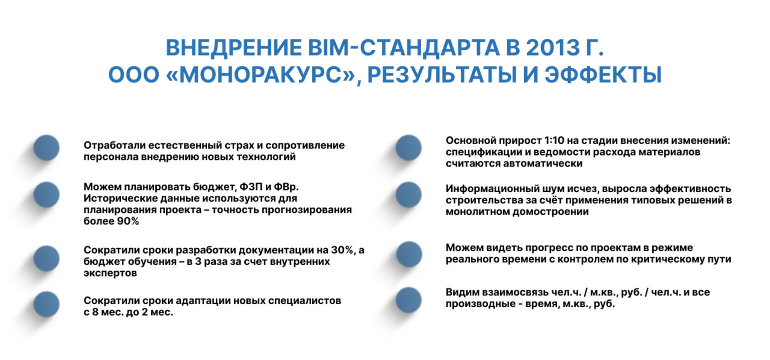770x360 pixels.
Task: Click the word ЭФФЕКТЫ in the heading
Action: tap(603, 74)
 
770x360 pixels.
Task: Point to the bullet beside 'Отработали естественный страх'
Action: tap(46, 148)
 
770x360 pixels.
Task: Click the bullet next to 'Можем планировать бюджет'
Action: tap(46, 194)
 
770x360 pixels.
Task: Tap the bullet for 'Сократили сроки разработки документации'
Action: tap(46, 258)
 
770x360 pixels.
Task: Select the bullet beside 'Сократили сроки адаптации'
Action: tap(46, 304)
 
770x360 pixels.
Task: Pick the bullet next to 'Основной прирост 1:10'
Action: tap(408, 148)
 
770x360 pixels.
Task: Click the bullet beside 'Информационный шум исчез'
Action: tap(408, 194)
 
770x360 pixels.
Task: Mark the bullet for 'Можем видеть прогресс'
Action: tap(409, 254)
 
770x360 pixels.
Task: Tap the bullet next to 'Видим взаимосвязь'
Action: tap(408, 300)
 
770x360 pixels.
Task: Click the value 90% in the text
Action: tap(128, 221)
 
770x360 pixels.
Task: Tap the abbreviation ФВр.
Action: tap(286, 187)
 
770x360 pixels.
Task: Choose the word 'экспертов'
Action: tap(110, 273)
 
